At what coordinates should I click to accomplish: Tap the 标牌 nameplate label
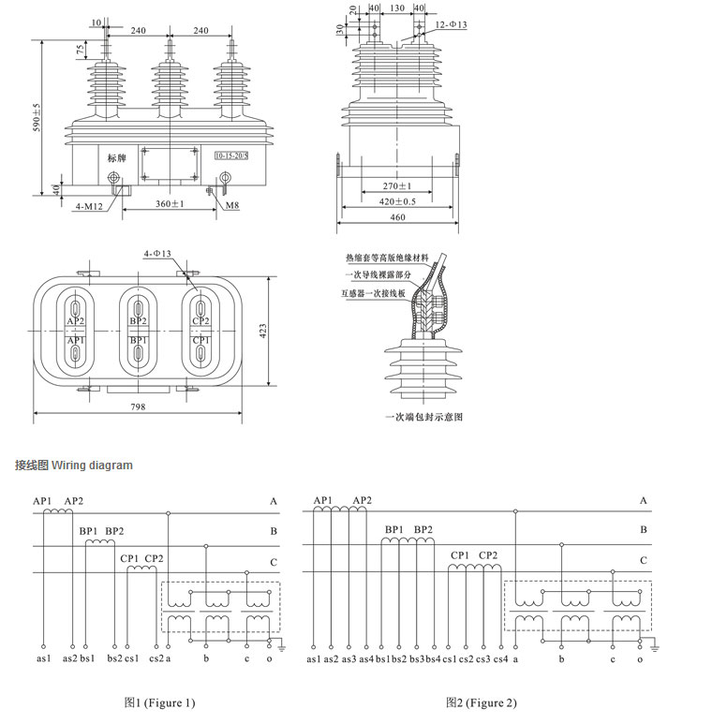click(116, 157)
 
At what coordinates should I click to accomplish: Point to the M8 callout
click(230, 205)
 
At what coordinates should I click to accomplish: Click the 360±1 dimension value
click(170, 204)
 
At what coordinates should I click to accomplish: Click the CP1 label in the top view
click(200, 340)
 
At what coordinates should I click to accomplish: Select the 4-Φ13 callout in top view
click(157, 254)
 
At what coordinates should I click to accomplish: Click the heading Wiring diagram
click(92, 465)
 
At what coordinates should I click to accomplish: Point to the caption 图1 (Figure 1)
click(160, 702)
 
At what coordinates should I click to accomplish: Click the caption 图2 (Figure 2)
click(482, 702)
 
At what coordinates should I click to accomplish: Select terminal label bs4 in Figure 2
click(433, 660)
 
